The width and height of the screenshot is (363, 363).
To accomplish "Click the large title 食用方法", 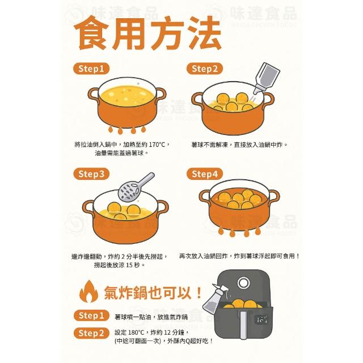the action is pos(147,33).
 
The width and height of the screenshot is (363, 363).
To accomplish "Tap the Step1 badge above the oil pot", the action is pos(91,69).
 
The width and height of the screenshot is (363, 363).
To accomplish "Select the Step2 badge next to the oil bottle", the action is pos(205,69).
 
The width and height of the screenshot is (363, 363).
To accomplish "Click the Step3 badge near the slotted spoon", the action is pos(91,174).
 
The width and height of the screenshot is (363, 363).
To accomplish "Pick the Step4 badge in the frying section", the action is pos(205,174).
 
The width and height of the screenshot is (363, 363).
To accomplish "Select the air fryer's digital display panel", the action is pos(261,320).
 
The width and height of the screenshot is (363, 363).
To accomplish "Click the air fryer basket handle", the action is pos(243,324).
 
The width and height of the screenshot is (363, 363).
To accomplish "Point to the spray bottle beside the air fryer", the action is pos(213,298).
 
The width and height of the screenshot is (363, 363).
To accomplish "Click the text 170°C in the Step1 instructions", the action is pos(157,145).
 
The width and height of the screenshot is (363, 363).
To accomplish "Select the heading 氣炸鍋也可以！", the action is pos(153,293).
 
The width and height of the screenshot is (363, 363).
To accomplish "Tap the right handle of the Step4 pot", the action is pos(273,196).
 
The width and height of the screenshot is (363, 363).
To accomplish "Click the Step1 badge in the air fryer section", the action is pos(91,315).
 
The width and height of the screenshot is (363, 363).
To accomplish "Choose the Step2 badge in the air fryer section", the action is pos(91,333).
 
